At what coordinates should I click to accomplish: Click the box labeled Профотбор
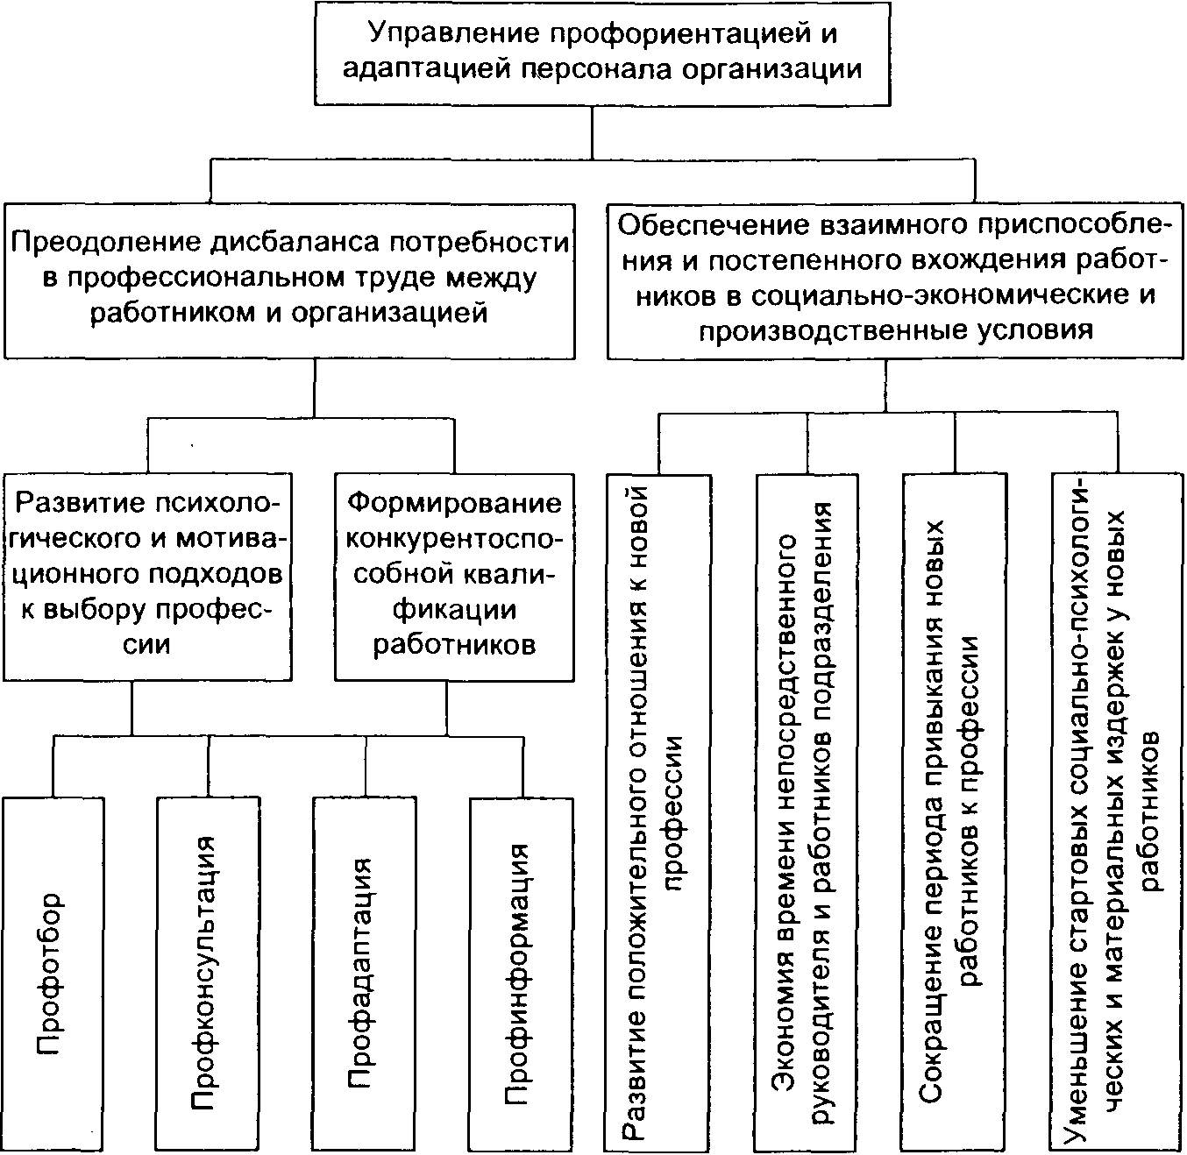click(52, 973)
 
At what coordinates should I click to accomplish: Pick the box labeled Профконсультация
click(208, 973)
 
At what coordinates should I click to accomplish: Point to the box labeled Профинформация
click(521, 973)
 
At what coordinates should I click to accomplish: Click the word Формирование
click(454, 503)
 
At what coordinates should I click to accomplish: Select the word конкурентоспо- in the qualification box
click(454, 538)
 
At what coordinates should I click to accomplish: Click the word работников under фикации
click(454, 646)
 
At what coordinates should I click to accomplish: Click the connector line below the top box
click(593, 131)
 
